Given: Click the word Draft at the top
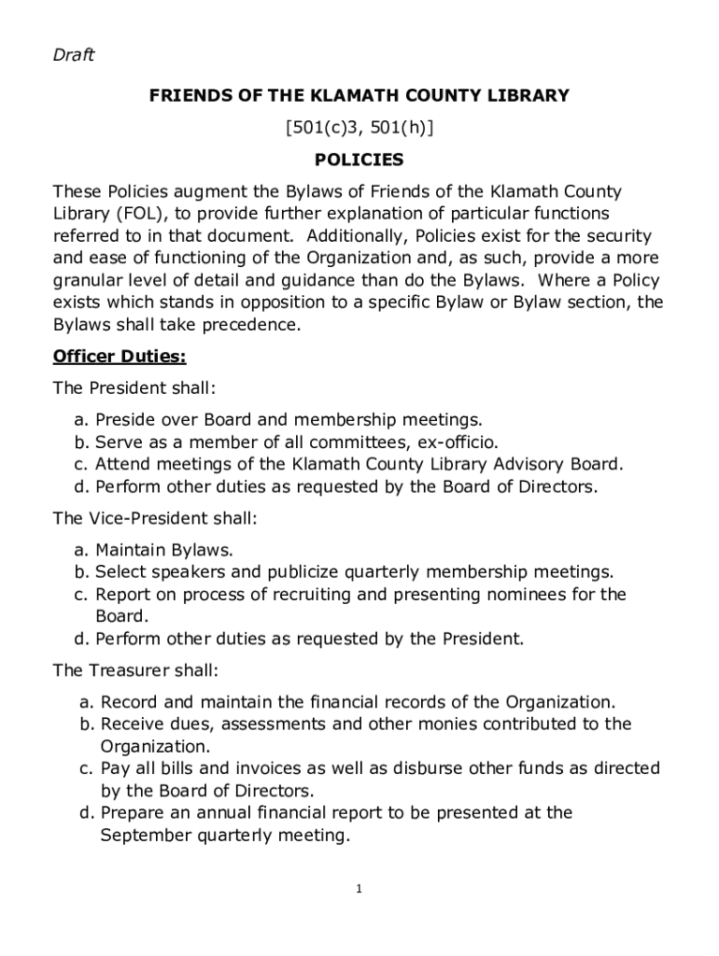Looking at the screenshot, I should coord(74,56).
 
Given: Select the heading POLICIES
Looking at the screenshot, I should coord(359,160).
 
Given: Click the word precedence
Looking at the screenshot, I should coord(246,325).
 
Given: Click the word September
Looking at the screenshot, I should coord(146,836).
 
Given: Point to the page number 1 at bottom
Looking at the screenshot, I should coord(359,889).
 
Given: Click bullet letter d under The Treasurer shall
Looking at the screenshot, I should coord(85,813).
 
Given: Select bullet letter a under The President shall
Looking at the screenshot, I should coord(80,420).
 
